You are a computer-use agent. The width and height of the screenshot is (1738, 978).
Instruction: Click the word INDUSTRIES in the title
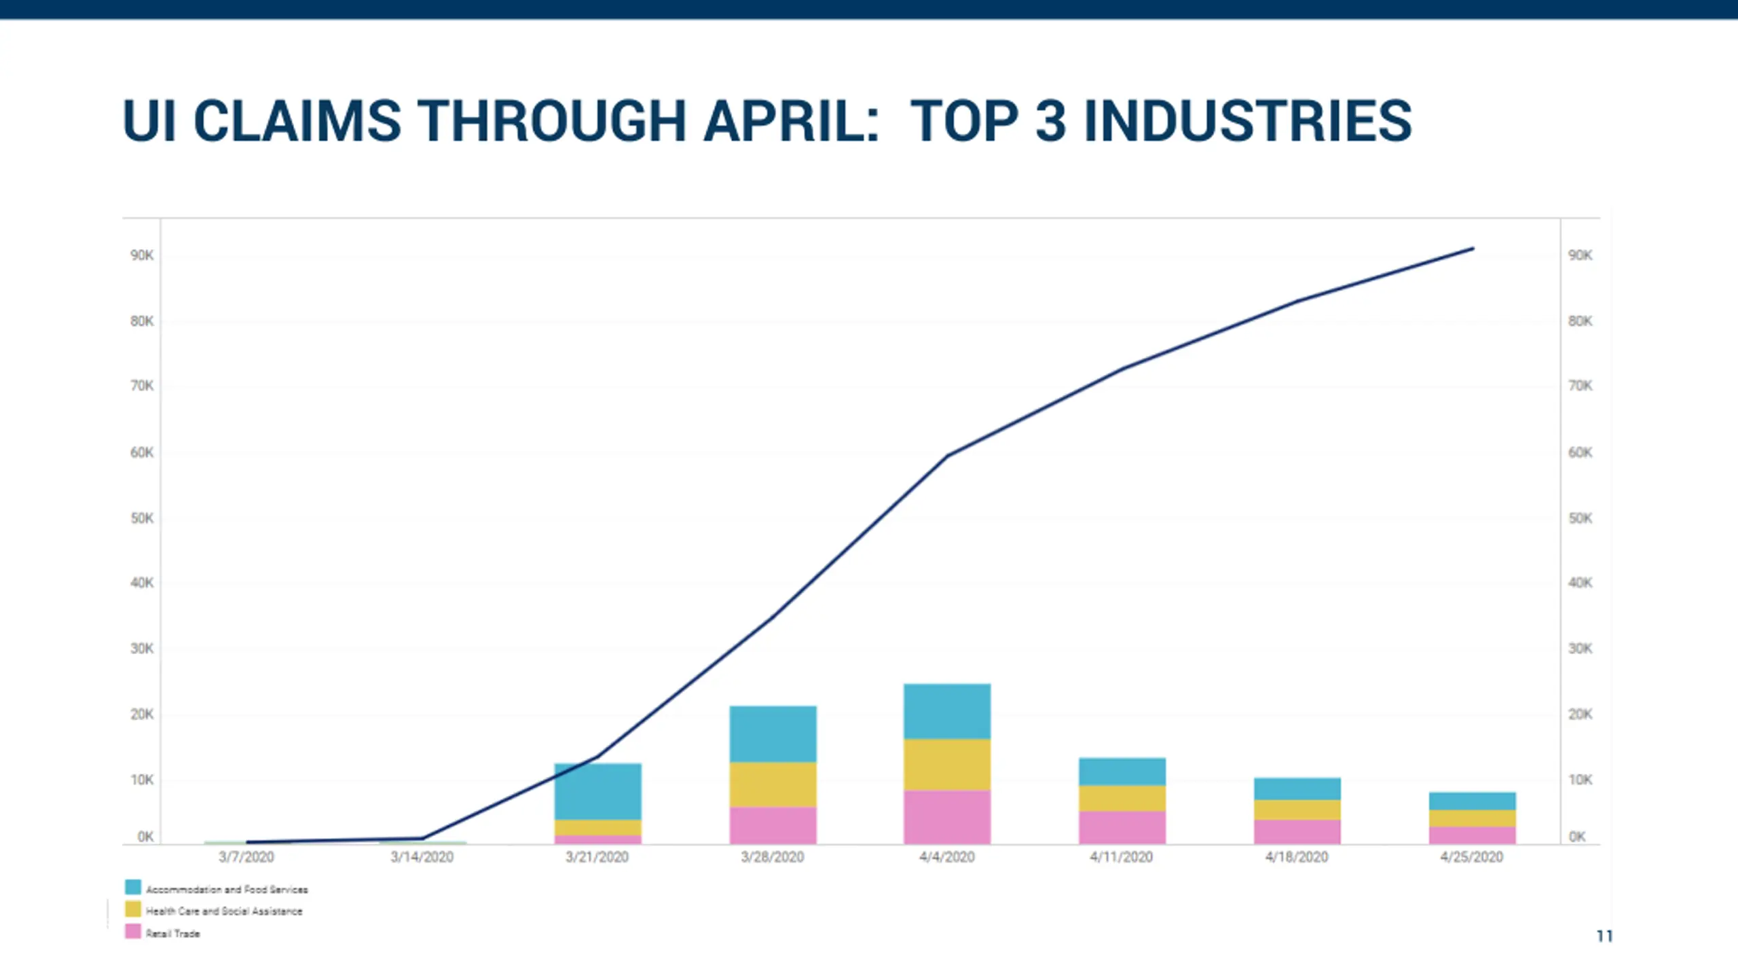(1248, 121)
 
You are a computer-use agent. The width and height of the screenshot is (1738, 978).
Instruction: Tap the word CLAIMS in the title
(297, 121)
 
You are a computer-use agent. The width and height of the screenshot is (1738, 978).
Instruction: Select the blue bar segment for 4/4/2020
(947, 711)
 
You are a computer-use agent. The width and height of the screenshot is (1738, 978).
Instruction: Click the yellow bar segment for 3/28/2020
(773, 784)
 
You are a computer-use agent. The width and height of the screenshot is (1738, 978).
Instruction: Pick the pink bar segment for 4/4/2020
(947, 817)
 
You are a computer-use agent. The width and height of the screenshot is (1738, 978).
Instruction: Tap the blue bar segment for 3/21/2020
(597, 791)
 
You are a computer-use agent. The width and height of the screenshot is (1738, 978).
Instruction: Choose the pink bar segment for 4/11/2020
(1122, 828)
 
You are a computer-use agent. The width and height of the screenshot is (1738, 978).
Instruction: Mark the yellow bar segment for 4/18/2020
(1297, 810)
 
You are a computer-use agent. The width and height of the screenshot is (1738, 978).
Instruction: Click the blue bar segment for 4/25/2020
(1472, 801)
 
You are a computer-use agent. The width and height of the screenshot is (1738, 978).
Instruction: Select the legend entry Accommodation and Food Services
(227, 889)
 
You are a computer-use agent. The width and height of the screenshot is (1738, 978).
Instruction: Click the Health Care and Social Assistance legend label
(224, 911)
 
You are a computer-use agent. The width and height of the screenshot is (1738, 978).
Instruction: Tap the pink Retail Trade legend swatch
(133, 932)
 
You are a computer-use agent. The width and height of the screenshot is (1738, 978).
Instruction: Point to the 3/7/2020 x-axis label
(246, 857)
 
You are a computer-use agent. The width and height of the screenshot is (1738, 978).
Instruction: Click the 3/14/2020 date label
(422, 857)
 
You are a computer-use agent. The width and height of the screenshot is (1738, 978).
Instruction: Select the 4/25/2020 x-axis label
(1472, 857)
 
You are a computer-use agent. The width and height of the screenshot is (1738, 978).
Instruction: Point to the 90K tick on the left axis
(142, 255)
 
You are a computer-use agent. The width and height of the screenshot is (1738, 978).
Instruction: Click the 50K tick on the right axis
(1580, 518)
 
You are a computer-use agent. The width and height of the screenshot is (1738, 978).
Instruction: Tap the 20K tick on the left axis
(142, 714)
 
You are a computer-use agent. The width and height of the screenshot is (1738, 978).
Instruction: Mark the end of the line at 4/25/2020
(1473, 249)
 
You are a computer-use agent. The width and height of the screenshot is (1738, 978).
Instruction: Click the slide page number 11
(1604, 936)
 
